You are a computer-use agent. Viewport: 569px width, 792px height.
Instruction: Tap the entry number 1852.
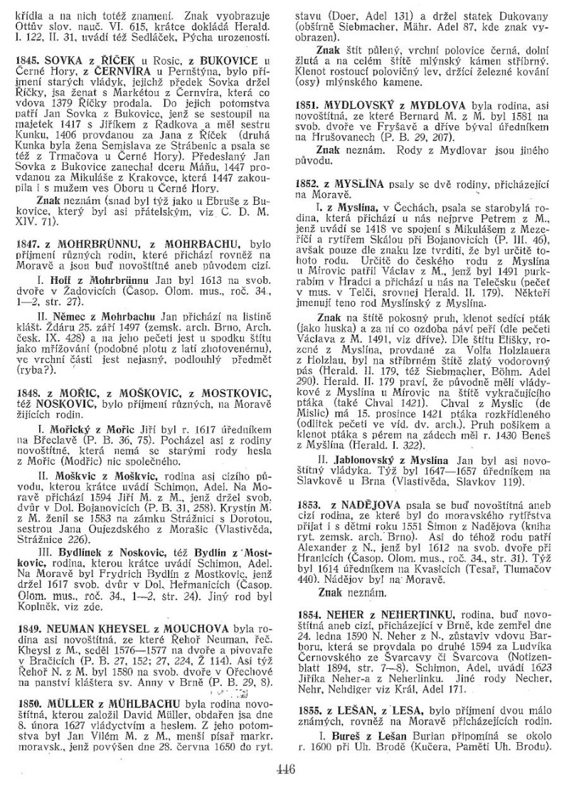308,184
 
